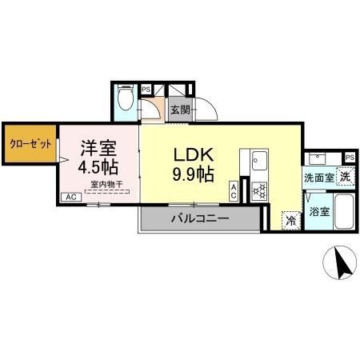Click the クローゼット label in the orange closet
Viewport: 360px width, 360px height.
30,144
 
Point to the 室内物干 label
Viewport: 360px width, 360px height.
106,185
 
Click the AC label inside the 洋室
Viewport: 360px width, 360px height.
70,197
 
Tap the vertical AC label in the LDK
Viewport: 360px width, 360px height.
233,190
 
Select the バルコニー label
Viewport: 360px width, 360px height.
199,218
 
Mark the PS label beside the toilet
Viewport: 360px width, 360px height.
146,90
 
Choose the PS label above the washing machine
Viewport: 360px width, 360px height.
350,157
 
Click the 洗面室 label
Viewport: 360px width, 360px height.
318,178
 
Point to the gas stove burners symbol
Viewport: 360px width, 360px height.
260,190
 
